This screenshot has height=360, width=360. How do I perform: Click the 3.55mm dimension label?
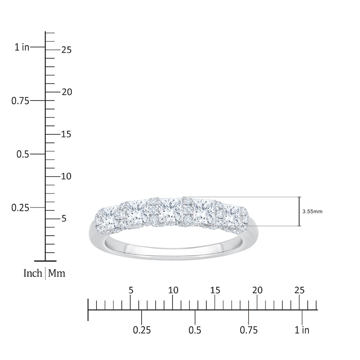tap(312, 211)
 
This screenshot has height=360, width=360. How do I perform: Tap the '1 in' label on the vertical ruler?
tap(22, 47)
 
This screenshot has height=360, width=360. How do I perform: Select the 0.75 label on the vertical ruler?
tap(20, 101)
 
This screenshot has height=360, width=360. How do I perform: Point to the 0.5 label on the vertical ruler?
tap(23, 154)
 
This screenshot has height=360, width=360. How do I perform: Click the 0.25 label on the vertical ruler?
tap(20, 208)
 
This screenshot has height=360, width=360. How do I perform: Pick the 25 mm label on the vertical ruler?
tap(67, 50)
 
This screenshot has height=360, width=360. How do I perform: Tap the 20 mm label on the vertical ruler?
tap(67, 92)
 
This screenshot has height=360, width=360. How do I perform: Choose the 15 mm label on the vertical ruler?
tap(66, 134)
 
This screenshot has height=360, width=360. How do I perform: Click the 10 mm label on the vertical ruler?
tap(66, 176)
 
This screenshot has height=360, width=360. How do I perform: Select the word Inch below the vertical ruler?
tap(33, 273)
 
